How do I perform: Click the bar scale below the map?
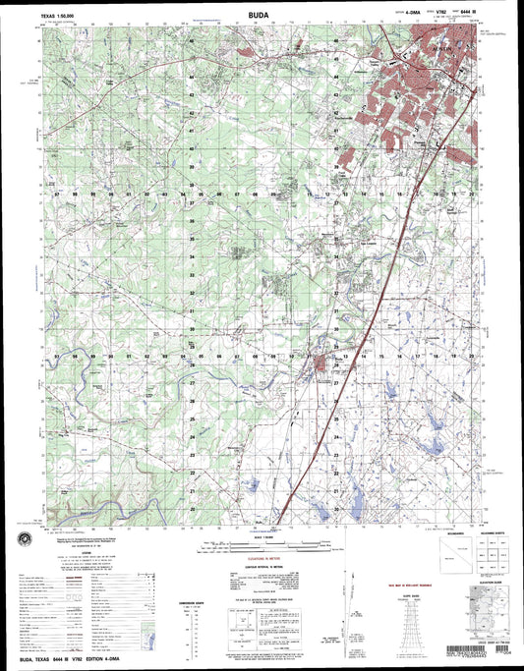[x=261, y=543]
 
